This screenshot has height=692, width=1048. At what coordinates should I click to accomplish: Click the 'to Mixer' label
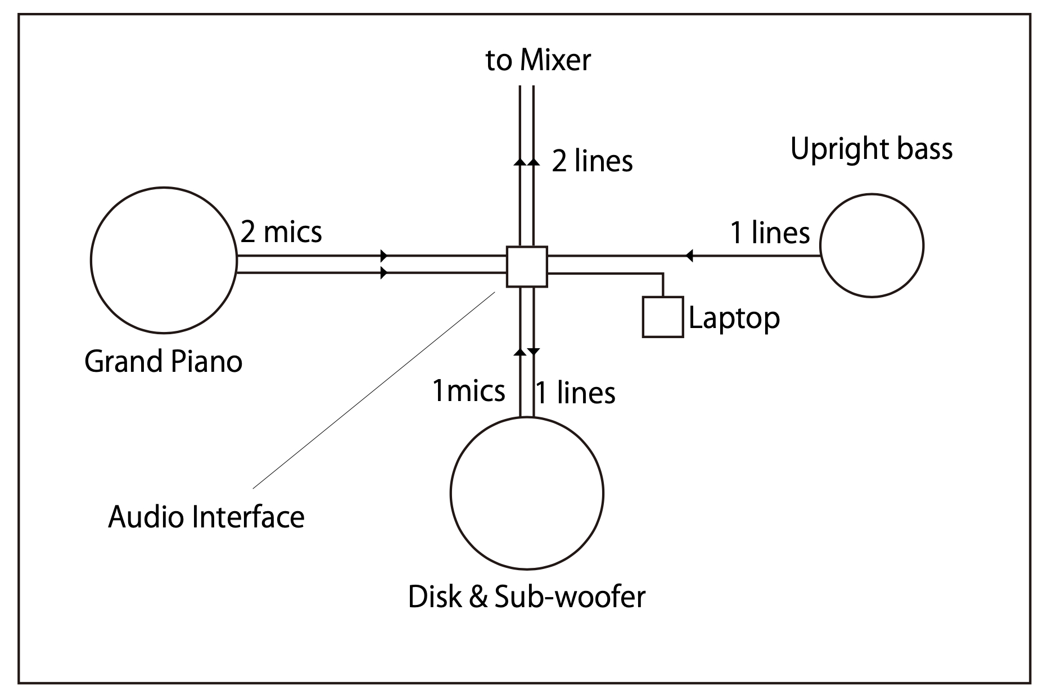[538, 60]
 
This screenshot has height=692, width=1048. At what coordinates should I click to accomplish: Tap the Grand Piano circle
[164, 260]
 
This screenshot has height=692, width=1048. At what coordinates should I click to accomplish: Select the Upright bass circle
[871, 245]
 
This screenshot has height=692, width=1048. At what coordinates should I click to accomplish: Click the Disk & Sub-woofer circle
[527, 493]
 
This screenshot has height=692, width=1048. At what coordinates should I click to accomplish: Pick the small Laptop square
[663, 317]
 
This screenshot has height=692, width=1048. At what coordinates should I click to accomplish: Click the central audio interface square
[527, 267]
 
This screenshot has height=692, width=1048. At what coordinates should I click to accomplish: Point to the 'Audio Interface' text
[206, 517]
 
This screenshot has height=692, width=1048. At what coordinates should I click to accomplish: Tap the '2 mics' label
[281, 231]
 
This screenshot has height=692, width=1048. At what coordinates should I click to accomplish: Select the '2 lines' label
[592, 161]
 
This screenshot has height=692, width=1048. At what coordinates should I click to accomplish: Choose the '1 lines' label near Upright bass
[770, 232]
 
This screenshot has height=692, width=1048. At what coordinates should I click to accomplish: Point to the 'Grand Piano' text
[163, 361]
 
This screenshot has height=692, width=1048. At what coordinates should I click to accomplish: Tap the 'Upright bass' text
[871, 149]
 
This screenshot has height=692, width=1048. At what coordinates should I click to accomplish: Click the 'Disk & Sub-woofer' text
[527, 597]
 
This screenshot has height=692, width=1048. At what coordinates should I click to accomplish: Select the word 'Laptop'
[734, 318]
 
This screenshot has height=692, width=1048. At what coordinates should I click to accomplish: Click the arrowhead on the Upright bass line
[689, 256]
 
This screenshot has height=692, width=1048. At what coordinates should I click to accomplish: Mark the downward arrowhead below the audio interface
[534, 351]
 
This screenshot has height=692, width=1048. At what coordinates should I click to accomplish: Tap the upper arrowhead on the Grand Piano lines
[385, 256]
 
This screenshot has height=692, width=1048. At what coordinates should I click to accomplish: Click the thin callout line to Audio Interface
[374, 390]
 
